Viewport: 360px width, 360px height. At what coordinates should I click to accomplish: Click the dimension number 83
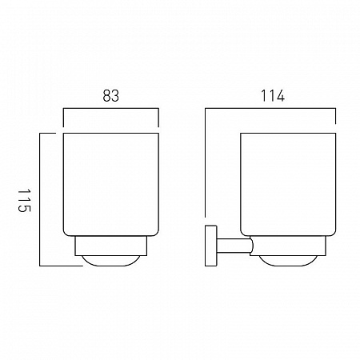pyautogui.click(x=111, y=96)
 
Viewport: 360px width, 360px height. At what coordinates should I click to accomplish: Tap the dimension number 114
pyautogui.click(x=273, y=96)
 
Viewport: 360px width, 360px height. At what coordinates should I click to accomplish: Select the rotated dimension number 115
pyautogui.click(x=24, y=201)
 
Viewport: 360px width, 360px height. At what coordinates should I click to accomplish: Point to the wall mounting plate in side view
pyautogui.click(x=211, y=246)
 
